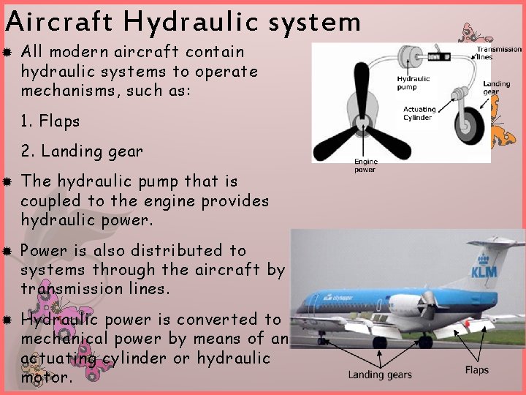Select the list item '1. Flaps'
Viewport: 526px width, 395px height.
(50, 121)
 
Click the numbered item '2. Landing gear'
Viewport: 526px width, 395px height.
(82, 151)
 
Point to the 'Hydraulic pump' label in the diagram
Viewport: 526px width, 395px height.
(413, 83)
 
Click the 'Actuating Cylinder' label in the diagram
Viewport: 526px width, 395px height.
(419, 113)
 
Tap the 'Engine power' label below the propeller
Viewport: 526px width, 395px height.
(365, 166)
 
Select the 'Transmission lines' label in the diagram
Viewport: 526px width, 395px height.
(499, 53)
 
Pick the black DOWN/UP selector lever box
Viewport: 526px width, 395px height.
(438, 56)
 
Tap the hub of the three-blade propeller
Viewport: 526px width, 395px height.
(360, 121)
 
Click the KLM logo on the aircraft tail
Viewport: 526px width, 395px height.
(483, 267)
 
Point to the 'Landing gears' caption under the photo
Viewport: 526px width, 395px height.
(379, 375)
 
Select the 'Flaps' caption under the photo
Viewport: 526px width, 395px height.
(476, 370)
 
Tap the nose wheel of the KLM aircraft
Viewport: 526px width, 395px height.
(321, 339)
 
